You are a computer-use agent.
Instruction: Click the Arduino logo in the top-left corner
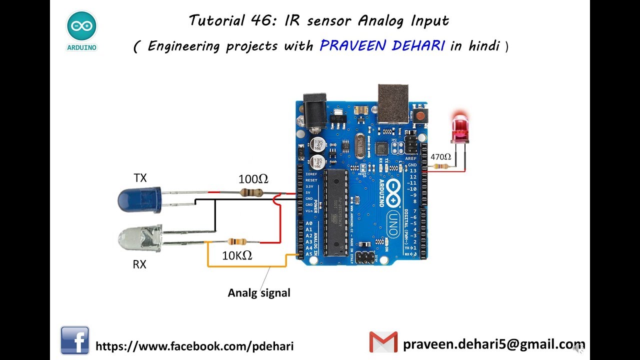pos(81,30)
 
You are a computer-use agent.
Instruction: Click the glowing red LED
pos(459,128)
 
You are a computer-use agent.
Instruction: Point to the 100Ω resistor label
pos(253,179)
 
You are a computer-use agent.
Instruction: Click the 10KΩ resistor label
pos(237,256)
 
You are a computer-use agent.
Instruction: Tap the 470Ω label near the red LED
pos(440,157)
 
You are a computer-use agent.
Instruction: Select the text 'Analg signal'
pos(259,293)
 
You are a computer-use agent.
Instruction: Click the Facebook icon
pos(75,340)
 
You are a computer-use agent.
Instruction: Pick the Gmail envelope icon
pos(383,342)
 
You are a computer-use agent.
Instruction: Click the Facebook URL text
pos(194,346)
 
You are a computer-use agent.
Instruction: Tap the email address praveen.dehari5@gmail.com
pos(493,344)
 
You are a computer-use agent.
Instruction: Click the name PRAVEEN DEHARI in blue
pos(382,46)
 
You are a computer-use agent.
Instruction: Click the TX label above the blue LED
pos(140,178)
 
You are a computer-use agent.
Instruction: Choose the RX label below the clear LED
pos(139,264)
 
